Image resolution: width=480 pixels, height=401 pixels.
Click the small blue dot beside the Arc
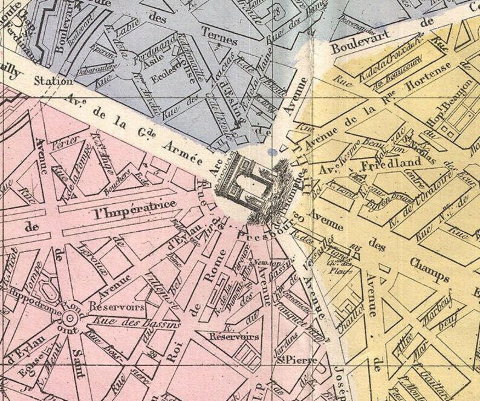[x=275, y=152]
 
